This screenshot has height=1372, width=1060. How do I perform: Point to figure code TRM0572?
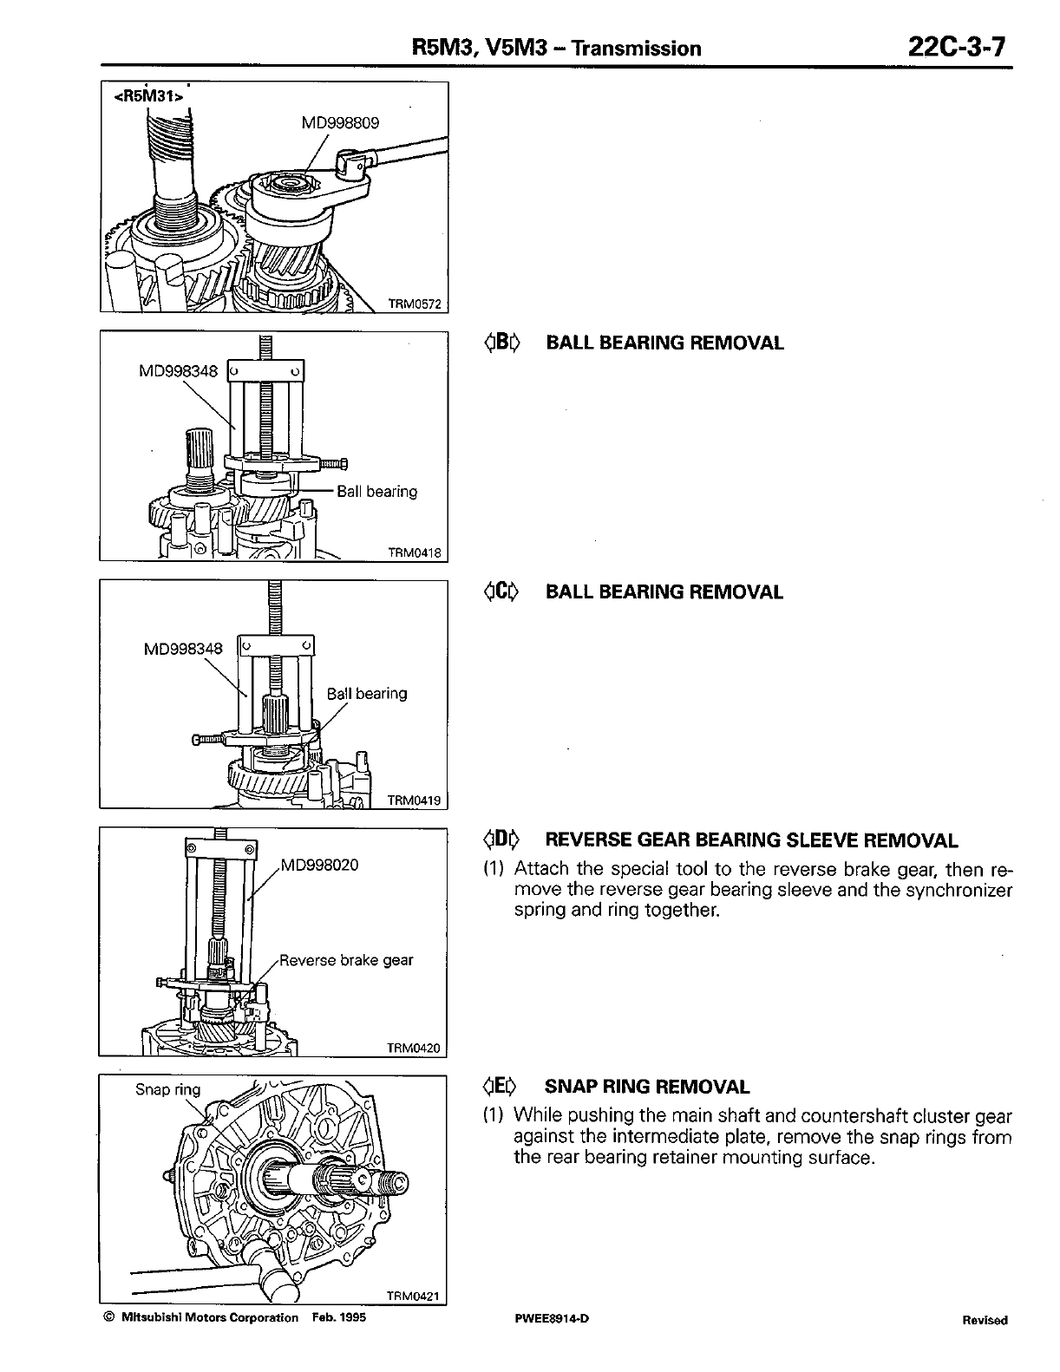(x=414, y=304)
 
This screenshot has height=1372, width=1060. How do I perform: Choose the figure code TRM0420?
(x=414, y=1048)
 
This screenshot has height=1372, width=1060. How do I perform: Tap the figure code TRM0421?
(x=414, y=1297)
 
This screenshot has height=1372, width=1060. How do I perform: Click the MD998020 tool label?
(x=321, y=866)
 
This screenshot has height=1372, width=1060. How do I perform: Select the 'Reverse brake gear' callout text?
(x=346, y=960)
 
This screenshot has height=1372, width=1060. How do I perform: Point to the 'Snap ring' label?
(x=167, y=1089)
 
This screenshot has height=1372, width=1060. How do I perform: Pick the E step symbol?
(x=501, y=1087)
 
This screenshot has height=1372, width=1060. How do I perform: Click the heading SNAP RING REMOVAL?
(x=646, y=1087)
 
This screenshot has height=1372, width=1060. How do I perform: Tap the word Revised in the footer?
(x=985, y=1320)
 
